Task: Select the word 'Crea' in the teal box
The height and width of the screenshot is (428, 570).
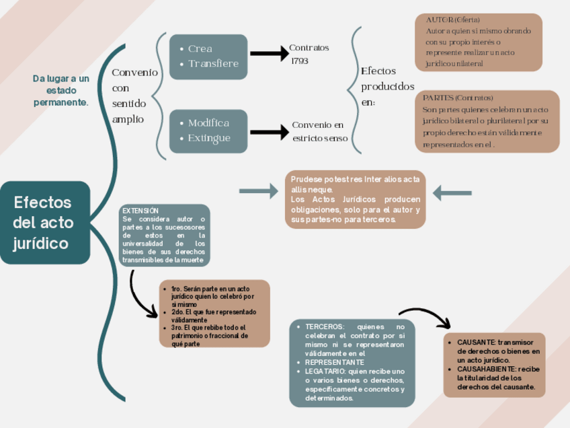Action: click(x=200, y=48)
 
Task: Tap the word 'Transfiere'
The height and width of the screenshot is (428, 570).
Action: click(x=213, y=64)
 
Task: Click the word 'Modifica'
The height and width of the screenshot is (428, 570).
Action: click(x=208, y=123)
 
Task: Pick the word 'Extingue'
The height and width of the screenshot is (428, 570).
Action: click(x=209, y=138)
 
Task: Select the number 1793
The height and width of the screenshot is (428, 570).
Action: click(x=300, y=61)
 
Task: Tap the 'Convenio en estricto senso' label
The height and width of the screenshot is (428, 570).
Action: click(x=320, y=131)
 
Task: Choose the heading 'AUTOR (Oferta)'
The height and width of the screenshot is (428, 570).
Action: click(x=453, y=20)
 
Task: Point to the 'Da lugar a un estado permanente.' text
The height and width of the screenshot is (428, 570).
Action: click(x=60, y=90)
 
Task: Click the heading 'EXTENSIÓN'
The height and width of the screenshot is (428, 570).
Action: click(x=140, y=211)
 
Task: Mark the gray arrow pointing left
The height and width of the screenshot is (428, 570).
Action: click(x=452, y=193)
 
